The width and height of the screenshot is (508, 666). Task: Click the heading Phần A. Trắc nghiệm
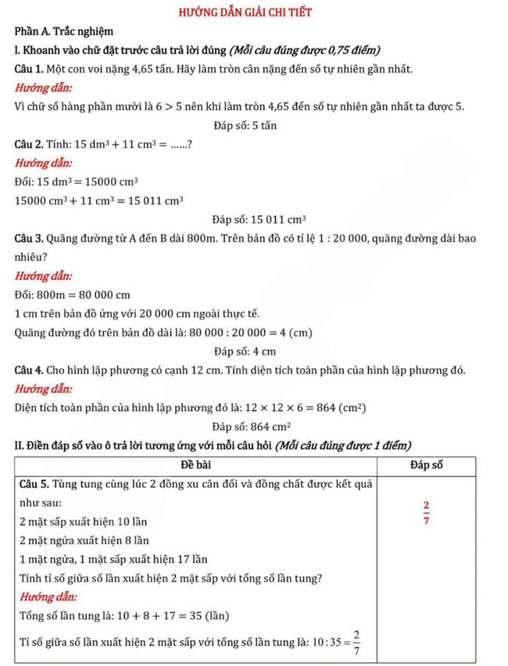[x=64, y=32]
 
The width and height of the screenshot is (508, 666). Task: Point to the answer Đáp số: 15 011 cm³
[x=259, y=219]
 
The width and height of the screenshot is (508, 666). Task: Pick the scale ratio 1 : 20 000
[x=343, y=238]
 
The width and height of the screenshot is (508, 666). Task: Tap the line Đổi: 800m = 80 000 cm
[x=72, y=295]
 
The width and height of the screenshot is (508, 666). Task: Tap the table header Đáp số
[x=426, y=464]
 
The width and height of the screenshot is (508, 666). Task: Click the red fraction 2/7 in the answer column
[x=426, y=513]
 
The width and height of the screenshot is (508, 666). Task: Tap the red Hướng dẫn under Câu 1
[x=44, y=88]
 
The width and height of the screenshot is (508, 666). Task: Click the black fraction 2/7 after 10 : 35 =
[x=356, y=642]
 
